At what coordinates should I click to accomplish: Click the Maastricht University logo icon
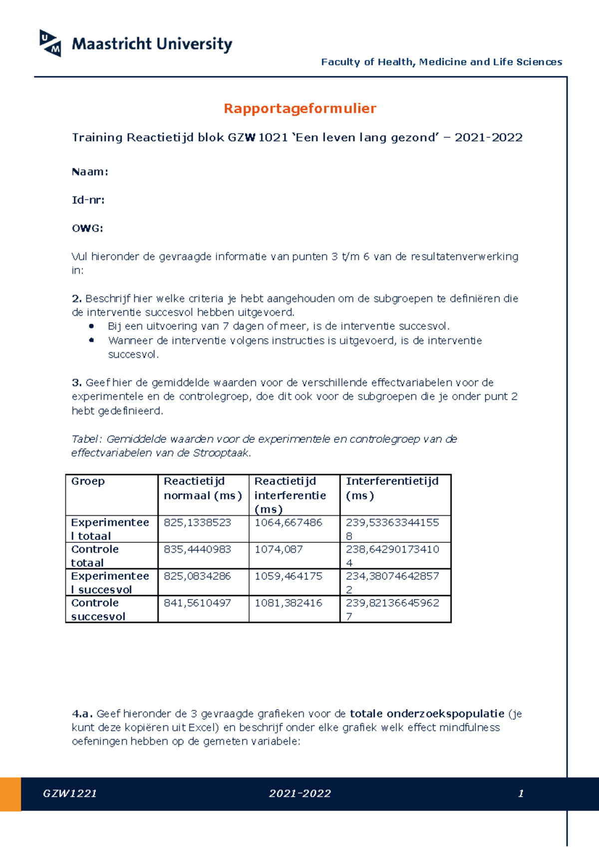coord(50,43)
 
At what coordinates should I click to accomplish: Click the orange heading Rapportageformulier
coord(299,108)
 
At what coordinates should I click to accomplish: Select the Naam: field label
coord(90,172)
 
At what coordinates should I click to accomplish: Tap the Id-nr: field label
coord(88,200)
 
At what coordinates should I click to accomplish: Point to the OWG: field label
coord(87,228)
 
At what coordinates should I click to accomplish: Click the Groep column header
coord(88,481)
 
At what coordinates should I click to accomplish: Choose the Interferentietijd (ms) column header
coord(392,488)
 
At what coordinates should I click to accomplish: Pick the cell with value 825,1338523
coord(197,522)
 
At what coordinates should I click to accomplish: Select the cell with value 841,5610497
coord(197,603)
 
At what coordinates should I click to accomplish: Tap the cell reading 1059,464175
coord(288,576)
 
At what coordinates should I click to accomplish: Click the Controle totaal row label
coord(95,556)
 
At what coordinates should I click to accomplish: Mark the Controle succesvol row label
coord(98,609)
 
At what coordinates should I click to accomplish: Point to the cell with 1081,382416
coord(288,603)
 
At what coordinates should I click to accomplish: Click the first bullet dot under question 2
coord(91,326)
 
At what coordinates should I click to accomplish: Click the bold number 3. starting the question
coord(77,383)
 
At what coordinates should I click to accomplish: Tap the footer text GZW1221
coord(70,794)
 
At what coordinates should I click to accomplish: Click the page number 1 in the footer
coord(521,794)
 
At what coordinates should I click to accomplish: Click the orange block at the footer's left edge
coord(10,794)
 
